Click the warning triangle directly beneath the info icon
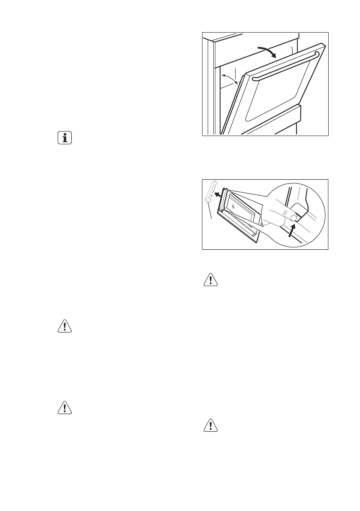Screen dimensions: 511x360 (x=65, y=326)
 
